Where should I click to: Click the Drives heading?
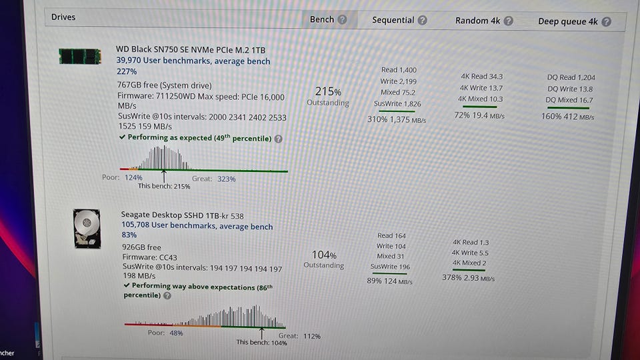point(63,17)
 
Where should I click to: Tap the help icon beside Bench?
point(342,19)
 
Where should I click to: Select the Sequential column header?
point(393,20)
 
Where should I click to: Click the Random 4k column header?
point(477,21)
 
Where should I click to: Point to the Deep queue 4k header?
point(567,21)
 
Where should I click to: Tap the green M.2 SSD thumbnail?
point(79,56)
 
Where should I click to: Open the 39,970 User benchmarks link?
point(193,61)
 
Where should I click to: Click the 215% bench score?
point(327,91)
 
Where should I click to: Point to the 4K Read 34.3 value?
point(481,77)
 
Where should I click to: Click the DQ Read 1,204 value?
point(571,77)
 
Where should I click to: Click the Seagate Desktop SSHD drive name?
point(182,215)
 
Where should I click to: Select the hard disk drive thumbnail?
point(87,229)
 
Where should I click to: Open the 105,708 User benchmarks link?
point(197,227)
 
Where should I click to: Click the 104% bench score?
point(324,255)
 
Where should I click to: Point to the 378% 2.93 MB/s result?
point(468,278)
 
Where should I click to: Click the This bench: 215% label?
point(164,186)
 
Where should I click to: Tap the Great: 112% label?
point(299,336)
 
